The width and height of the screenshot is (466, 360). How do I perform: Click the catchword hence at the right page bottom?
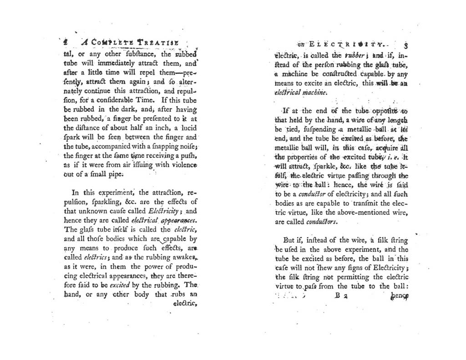point(399,296)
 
